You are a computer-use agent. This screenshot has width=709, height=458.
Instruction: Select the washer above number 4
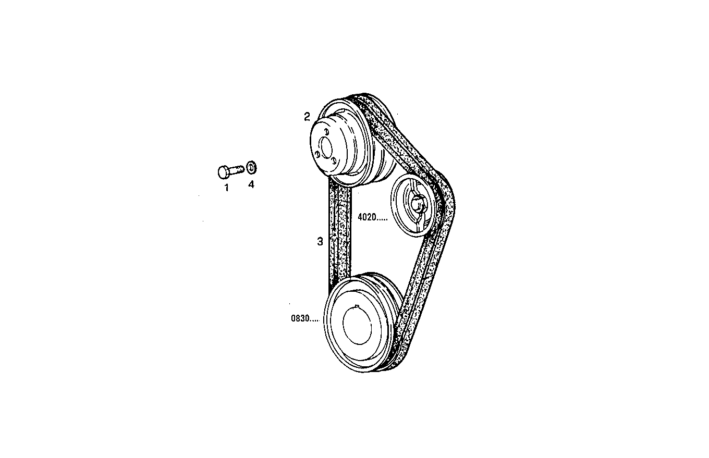pyautogui.click(x=251, y=167)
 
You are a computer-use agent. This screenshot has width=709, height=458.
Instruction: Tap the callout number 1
pyautogui.click(x=226, y=188)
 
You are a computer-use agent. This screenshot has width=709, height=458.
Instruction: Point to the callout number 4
pyautogui.click(x=251, y=184)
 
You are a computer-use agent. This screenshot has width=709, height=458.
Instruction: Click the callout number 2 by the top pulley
pyautogui.click(x=307, y=116)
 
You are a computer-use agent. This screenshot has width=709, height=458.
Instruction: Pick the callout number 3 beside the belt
pyautogui.click(x=320, y=241)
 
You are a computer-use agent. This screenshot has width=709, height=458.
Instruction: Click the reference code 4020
pyautogui.click(x=367, y=218)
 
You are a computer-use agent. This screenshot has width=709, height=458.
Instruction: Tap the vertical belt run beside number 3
pyautogui.click(x=339, y=234)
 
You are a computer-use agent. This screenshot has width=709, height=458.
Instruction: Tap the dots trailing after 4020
pyautogui.click(x=381, y=220)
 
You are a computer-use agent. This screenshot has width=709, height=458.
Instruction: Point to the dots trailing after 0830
pyautogui.click(x=314, y=320)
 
